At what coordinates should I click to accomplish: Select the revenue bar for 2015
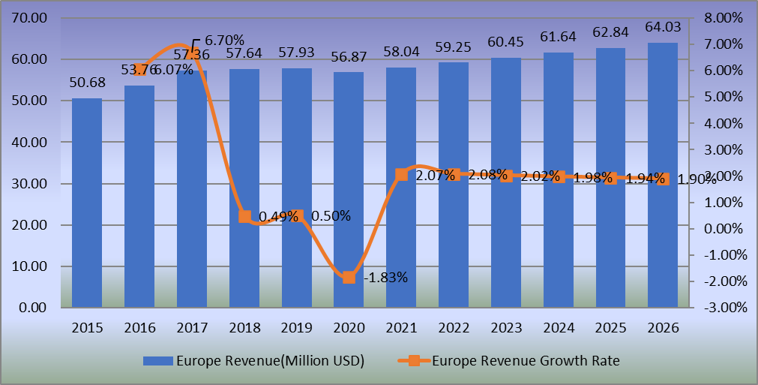[x=87, y=203]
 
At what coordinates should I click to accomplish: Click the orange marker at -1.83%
[x=349, y=278]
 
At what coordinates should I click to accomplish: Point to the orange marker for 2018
[x=244, y=216]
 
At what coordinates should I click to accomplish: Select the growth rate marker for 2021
[x=401, y=175]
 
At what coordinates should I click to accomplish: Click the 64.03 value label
[x=663, y=29]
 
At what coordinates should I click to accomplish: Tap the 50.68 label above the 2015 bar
[x=87, y=83]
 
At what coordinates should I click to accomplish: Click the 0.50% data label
[x=330, y=216]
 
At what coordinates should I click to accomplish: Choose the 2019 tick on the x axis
[x=296, y=328]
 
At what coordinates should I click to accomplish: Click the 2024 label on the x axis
[x=558, y=328]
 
